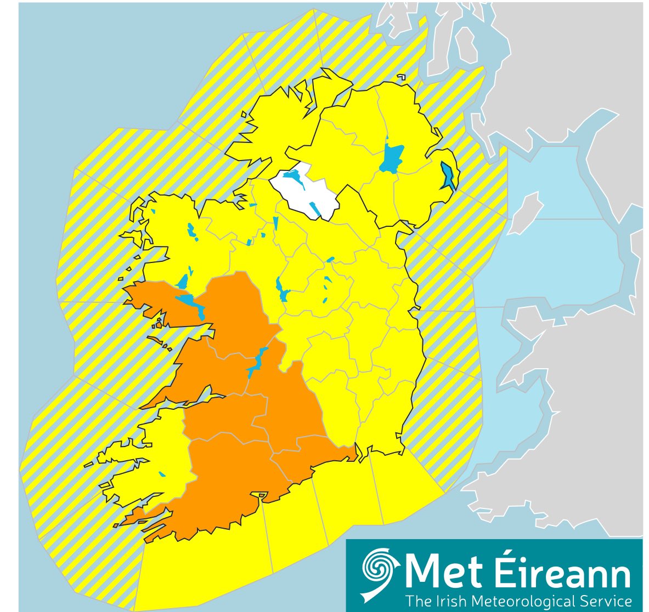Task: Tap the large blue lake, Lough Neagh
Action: [391, 158]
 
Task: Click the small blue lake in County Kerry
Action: [161, 474]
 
